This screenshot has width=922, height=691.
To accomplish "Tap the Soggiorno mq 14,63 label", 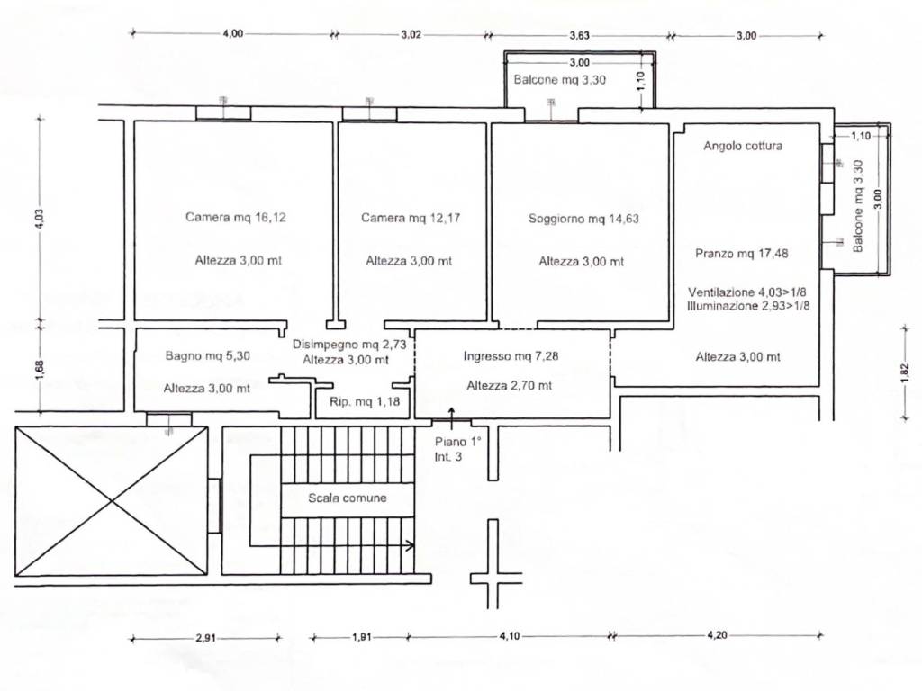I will point(583,218).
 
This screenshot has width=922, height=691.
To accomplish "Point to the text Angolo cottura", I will point(743,146).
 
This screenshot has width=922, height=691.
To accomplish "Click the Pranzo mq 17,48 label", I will point(742,254).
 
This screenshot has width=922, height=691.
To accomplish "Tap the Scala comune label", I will point(347,498).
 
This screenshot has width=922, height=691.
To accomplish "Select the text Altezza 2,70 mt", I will point(510,385).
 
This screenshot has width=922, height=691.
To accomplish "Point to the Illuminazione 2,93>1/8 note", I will point(748,306).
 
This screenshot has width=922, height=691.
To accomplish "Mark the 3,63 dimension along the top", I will point(579,36).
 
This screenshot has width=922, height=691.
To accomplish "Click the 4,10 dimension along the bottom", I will point(510,637).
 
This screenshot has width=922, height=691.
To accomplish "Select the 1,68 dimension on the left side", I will point(40,370).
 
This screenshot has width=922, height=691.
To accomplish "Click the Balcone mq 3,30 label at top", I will point(560,79).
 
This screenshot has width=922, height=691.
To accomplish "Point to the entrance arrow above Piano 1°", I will point(452,415).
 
